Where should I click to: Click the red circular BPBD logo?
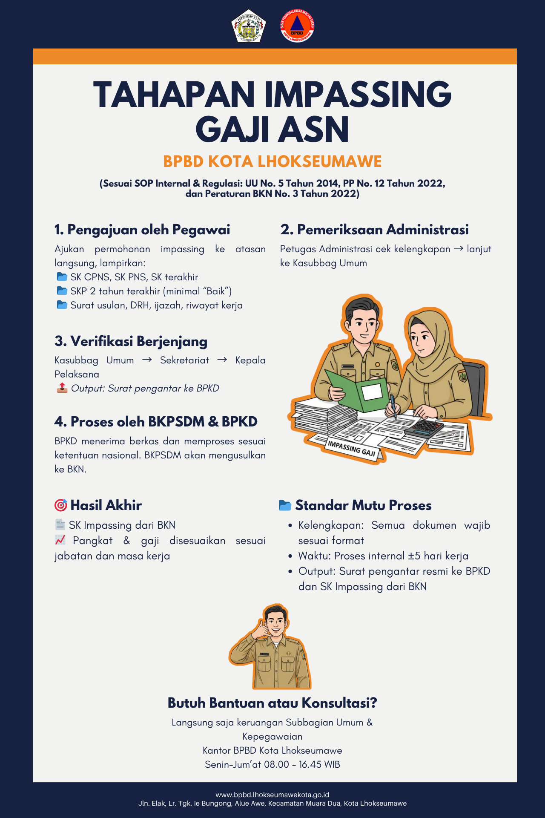pyautogui.click(x=297, y=26)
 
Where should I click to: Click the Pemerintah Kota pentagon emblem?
pyautogui.click(x=249, y=26)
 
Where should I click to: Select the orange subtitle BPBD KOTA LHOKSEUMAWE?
pyautogui.click(x=272, y=162)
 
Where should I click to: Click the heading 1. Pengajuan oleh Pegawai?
pyautogui.click(x=142, y=230)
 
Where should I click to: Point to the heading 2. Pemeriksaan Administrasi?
pyautogui.click(x=374, y=230)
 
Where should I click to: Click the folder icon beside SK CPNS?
pyautogui.click(x=62, y=277)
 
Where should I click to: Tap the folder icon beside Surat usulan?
pyautogui.click(x=62, y=305)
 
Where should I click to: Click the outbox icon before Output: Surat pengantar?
pyautogui.click(x=62, y=388)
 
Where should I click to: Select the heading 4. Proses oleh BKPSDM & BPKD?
pyautogui.click(x=156, y=422)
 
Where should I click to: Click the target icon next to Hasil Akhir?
pyautogui.click(x=61, y=505)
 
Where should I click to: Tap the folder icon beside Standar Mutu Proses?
pyautogui.click(x=285, y=505)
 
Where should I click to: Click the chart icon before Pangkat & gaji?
pyautogui.click(x=60, y=540)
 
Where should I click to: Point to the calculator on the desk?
pyautogui.click(x=424, y=426)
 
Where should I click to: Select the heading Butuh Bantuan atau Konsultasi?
pyautogui.click(x=272, y=703)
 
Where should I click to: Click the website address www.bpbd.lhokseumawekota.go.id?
pyautogui.click(x=272, y=795)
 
